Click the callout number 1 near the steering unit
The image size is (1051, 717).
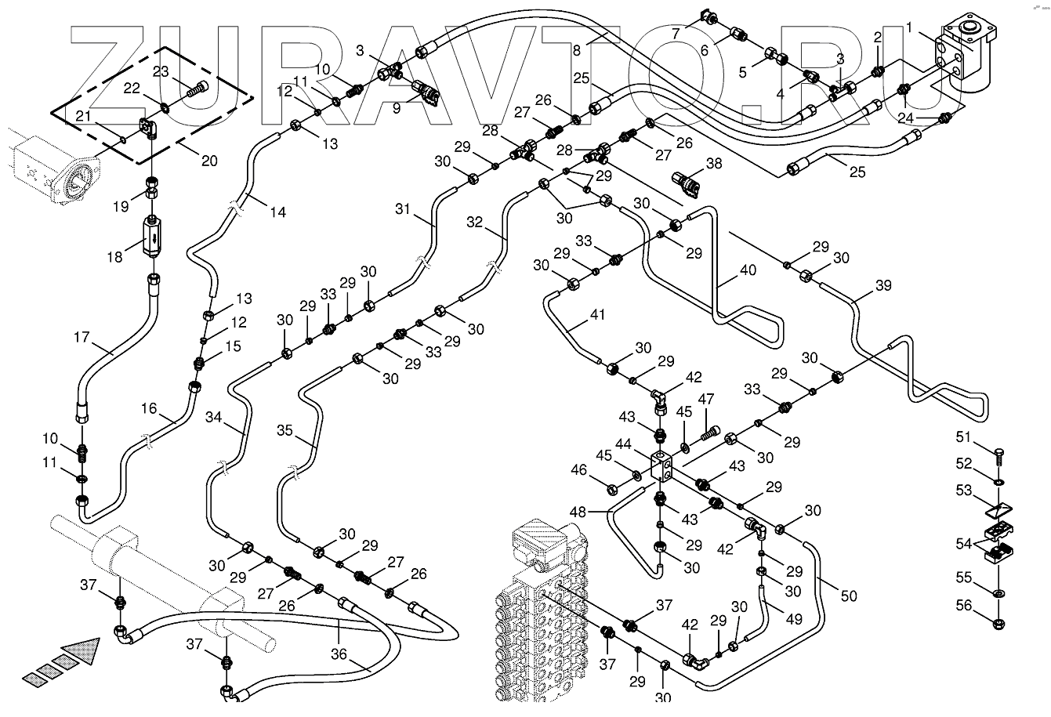[x=909, y=27]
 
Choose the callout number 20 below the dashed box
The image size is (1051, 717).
[x=208, y=161]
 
